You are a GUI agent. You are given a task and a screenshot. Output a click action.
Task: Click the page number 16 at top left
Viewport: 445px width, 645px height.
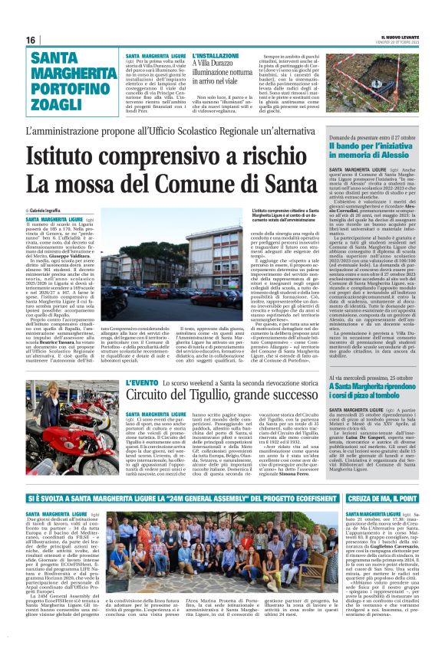click(x=31, y=40)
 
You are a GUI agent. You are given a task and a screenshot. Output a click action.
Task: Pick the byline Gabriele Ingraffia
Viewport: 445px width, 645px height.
click(x=51, y=209)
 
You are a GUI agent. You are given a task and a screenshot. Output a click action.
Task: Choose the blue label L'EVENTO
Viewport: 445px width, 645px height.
click(x=142, y=382)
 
